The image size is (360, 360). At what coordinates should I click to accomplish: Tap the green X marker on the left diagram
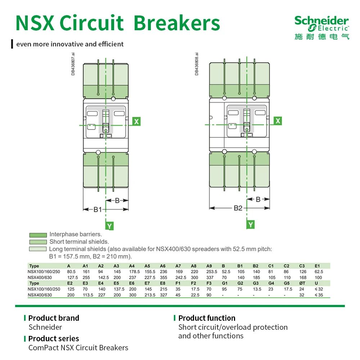136,121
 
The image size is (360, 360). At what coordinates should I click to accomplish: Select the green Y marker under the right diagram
251,224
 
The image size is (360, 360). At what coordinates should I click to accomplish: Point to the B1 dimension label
98,210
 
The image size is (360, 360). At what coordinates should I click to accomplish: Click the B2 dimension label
238,208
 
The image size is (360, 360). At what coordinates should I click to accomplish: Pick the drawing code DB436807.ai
73,64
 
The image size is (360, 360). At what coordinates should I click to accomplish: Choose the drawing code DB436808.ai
197,64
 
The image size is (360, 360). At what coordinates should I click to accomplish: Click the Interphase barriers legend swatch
38,235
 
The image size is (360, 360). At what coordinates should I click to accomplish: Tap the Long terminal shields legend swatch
38,249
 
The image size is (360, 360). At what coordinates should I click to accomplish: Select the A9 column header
209,266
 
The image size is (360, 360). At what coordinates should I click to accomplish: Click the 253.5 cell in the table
212,271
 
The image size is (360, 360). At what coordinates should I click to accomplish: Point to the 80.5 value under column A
71,271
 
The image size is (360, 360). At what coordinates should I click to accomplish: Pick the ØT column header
302,283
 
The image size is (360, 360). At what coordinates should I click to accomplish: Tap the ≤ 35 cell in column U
319,295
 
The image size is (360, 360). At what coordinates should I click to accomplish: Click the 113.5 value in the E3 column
88,295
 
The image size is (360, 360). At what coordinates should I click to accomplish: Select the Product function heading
207,318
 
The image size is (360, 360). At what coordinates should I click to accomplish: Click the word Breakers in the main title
177,23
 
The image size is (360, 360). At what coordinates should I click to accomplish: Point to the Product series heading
54,339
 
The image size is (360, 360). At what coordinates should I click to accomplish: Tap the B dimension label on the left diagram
117,201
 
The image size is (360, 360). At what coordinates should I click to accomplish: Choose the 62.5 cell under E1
319,271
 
